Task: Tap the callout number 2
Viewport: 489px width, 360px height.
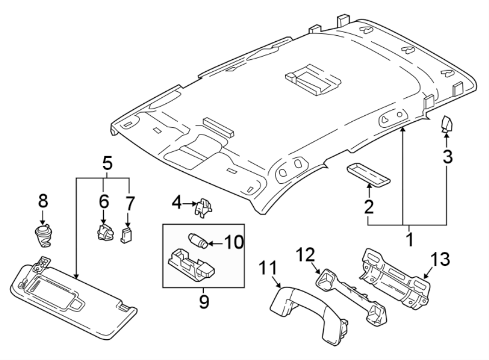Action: click(x=368, y=207)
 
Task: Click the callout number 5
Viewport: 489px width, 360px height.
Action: click(x=107, y=162)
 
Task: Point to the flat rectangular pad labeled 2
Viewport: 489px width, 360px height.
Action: click(x=369, y=173)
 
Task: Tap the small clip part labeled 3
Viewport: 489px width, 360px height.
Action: click(x=447, y=125)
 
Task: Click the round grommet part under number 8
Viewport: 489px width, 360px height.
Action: click(x=42, y=236)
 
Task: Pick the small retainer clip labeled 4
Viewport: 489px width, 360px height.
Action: click(x=203, y=207)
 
